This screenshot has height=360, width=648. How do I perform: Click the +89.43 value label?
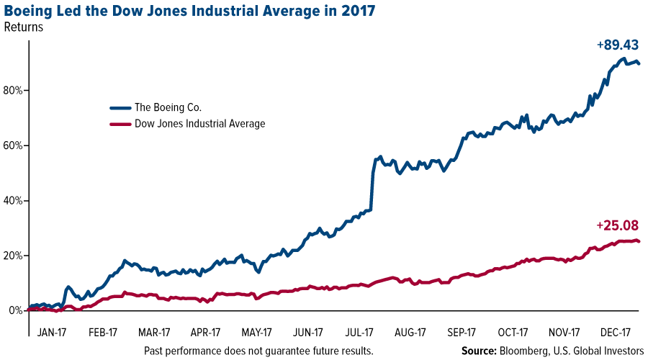(x=618, y=45)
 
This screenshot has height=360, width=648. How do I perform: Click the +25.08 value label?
(x=618, y=226)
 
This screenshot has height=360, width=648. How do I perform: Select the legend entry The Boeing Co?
(x=168, y=107)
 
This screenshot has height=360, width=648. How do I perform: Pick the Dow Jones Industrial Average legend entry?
(x=199, y=124)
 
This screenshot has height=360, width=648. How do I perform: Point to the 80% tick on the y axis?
(x=15, y=91)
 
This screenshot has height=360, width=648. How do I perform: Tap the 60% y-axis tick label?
(x=15, y=145)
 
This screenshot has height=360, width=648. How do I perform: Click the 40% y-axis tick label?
(x=15, y=201)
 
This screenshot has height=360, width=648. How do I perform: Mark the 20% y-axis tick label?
(x=15, y=256)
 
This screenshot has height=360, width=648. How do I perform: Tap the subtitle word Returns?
(x=24, y=29)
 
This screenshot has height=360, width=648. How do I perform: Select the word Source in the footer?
(x=480, y=351)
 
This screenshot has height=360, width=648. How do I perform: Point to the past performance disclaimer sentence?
(x=258, y=351)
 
